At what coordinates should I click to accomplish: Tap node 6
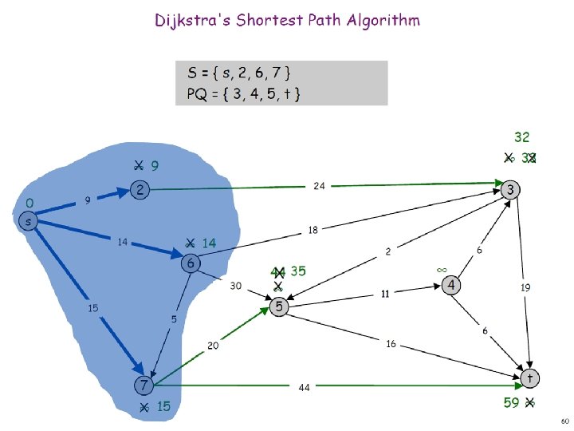click(x=191, y=263)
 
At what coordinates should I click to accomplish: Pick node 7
click(x=143, y=386)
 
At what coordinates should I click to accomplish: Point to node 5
click(x=278, y=306)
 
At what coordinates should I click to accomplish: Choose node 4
click(x=451, y=285)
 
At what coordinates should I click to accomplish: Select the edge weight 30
click(x=237, y=285)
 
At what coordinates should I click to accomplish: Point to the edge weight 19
click(x=525, y=287)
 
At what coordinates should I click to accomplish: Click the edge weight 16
click(x=391, y=344)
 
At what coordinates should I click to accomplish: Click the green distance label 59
click(x=511, y=403)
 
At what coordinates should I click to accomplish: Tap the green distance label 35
click(x=298, y=271)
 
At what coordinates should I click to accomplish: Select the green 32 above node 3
click(x=521, y=137)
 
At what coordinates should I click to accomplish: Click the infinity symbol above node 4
click(x=442, y=270)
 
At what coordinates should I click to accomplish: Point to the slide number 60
click(x=564, y=420)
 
